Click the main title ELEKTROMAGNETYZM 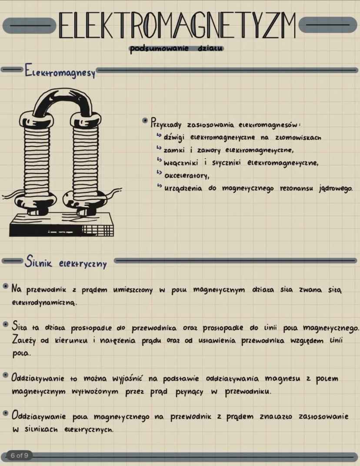click(x=177, y=25)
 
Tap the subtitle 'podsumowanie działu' click(x=177, y=49)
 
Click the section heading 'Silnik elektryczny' click(x=66, y=262)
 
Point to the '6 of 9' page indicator click(x=20, y=456)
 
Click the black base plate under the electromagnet click(x=61, y=225)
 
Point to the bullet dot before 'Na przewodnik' click(x=5, y=287)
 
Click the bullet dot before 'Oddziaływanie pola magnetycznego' click(x=5, y=413)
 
